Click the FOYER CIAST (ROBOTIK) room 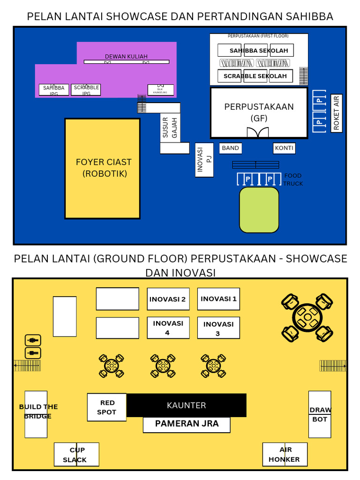[x=102, y=168]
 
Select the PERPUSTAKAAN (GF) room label [x=259, y=112]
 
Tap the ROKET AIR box [x=336, y=113]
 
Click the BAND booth [x=230, y=148]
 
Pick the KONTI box [x=284, y=148]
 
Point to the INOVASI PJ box [x=204, y=160]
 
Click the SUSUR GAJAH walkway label [x=170, y=128]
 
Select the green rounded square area [x=259, y=210]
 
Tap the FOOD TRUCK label [x=293, y=180]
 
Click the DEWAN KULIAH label [x=120, y=57]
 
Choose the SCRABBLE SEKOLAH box [x=255, y=76]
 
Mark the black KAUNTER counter [x=187, y=405]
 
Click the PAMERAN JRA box [x=187, y=424]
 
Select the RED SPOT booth [x=107, y=407]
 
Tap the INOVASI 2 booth [x=168, y=299]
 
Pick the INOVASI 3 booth [x=218, y=328]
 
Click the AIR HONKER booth [x=285, y=454]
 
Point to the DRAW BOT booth [x=320, y=414]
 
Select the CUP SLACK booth [x=76, y=454]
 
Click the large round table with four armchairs [x=307, y=317]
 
